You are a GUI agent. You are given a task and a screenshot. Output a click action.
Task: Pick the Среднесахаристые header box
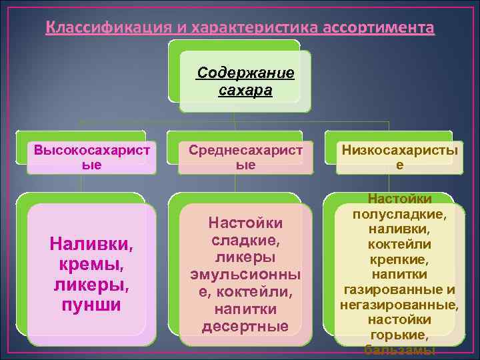coord(245,157)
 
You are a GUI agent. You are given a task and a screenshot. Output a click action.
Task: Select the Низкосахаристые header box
coord(399,157)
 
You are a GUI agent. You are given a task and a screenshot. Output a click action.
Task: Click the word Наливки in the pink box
coord(91,245)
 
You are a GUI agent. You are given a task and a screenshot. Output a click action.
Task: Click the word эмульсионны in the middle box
coord(245,275)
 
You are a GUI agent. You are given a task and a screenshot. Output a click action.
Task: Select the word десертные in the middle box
coord(245,326)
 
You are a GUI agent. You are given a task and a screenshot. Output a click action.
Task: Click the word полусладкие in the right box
coord(399,214)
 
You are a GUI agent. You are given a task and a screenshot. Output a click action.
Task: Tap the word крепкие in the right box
coord(399,259)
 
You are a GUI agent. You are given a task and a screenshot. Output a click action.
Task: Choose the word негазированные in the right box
coord(399,305)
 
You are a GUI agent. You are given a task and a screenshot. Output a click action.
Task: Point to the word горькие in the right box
coord(399,335)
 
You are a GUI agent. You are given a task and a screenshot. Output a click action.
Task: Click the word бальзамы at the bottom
coord(399,351)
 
